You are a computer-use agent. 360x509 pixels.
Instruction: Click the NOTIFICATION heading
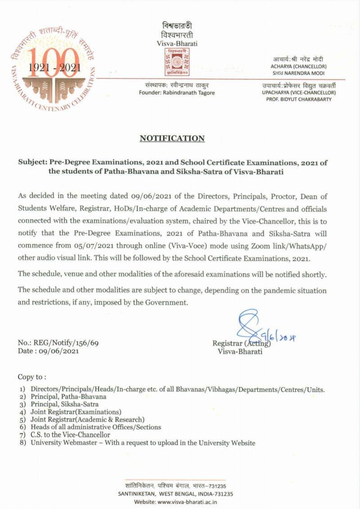(x=172, y=138)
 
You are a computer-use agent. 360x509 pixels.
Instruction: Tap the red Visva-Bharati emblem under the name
(x=180, y=62)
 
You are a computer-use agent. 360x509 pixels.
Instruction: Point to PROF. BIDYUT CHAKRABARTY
(x=298, y=99)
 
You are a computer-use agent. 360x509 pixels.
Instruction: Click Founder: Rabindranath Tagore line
(x=177, y=93)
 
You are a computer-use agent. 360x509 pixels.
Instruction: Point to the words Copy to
(x=31, y=376)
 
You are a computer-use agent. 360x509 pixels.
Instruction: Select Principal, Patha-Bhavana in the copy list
(x=68, y=397)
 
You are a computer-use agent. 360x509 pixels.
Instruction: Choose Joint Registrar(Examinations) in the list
(x=76, y=412)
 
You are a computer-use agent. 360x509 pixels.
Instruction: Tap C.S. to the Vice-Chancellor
(x=70, y=435)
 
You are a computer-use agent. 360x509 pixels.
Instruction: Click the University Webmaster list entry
(x=143, y=443)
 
